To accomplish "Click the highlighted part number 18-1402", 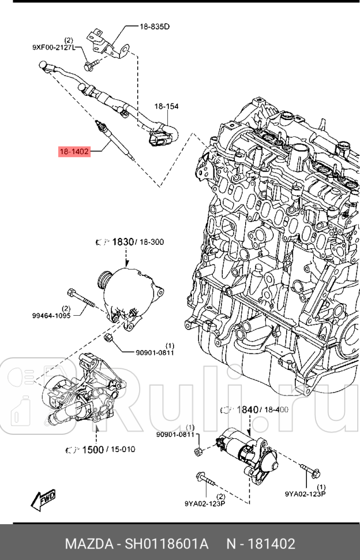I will coord(74,152).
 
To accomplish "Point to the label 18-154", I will coord(166,106).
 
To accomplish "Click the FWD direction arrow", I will coord(43,498).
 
